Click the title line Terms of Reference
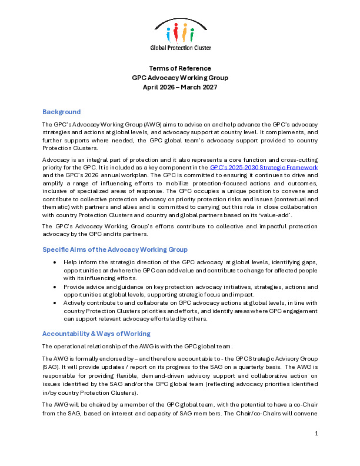point(180,68)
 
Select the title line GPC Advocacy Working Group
point(180,78)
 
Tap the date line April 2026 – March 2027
point(180,87)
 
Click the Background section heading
point(61,112)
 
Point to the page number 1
point(316,450)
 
